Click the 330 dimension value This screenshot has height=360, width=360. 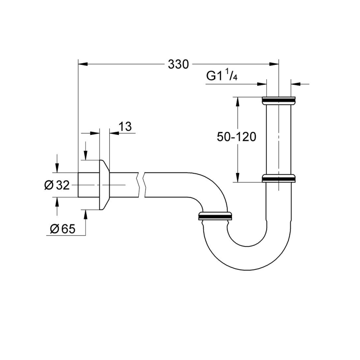click(178, 64)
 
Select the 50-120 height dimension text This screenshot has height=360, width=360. click(236, 137)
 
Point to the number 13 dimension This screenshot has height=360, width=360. click(125, 127)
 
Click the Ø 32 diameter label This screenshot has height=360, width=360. click(58, 185)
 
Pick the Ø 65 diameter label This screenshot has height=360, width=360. click(63, 229)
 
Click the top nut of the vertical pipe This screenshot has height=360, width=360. click(279, 100)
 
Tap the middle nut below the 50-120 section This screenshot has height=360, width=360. click(279, 178)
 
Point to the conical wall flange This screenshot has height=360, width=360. click(104, 185)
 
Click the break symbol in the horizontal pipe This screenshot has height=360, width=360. click(141, 185)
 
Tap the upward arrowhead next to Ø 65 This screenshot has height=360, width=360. click(86, 215)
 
